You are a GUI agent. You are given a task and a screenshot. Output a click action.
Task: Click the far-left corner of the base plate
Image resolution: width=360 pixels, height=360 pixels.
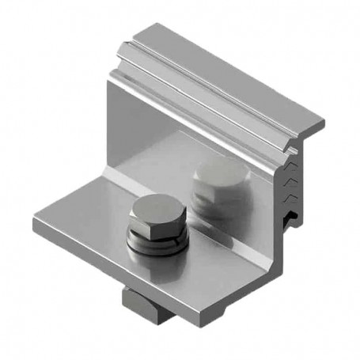pos(35,221)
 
